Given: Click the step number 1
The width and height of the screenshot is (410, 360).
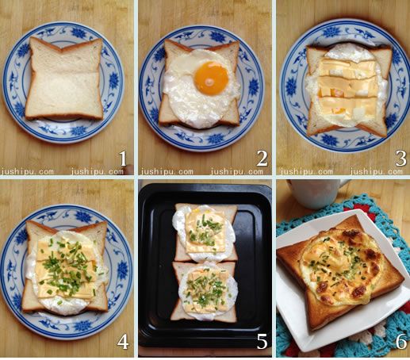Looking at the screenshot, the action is click(x=122, y=159).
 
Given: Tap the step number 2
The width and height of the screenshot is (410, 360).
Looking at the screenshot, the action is click(x=262, y=159).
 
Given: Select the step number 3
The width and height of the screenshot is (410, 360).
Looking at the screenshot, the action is click(x=401, y=159).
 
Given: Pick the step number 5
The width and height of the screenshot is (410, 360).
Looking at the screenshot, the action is click(x=262, y=341).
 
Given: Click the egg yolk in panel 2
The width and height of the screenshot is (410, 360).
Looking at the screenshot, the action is click(x=211, y=79).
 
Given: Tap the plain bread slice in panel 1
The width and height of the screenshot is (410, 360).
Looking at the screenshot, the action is click(x=64, y=79).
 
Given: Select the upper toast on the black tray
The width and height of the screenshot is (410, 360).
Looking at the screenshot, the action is click(x=205, y=232).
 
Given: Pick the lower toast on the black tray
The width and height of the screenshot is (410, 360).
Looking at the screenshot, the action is click(x=205, y=291).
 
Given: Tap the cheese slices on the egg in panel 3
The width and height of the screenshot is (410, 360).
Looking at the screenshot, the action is click(x=347, y=89).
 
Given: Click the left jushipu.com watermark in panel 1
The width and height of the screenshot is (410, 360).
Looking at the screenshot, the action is click(x=27, y=171).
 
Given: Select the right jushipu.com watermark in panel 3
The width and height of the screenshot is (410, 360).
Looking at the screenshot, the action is click(x=377, y=171).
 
